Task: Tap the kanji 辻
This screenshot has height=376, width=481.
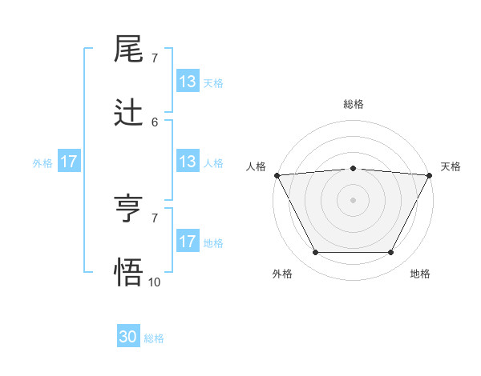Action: click(129, 113)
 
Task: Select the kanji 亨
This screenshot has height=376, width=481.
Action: click(129, 210)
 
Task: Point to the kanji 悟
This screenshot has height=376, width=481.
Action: click(129, 272)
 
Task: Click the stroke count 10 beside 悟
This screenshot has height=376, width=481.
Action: click(155, 282)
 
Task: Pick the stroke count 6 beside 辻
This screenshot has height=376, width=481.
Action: click(155, 122)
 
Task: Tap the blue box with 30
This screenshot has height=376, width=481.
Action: click(128, 338)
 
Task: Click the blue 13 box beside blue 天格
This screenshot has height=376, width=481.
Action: click(188, 82)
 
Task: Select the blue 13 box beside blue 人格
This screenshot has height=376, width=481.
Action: click(188, 162)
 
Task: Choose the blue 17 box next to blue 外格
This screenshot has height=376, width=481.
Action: click(69, 162)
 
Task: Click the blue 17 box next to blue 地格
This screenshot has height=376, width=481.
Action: click(188, 242)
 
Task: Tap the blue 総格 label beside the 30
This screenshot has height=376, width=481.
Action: click(154, 338)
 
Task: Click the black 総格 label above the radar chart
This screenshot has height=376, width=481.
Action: click(353, 104)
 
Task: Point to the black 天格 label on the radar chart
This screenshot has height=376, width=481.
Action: click(451, 166)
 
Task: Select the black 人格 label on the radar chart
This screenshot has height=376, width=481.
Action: click(256, 166)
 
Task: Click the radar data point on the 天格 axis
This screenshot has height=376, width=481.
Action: click(430, 175)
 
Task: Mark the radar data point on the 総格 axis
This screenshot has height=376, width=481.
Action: click(353, 168)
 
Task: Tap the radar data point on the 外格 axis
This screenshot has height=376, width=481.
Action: click(315, 253)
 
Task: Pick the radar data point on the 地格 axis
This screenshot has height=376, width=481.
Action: click(390, 253)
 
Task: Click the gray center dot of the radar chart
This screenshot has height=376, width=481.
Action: click(353, 200)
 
